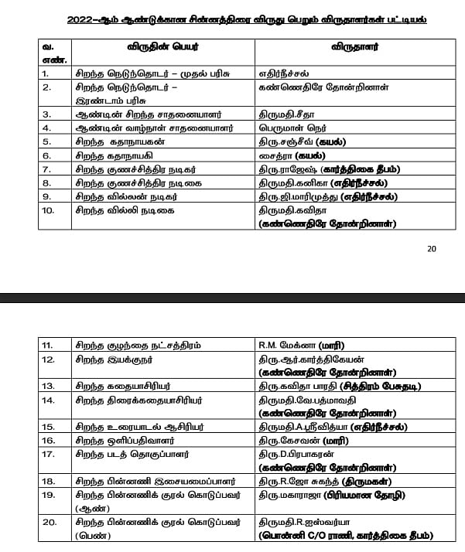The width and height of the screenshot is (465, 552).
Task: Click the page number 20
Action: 432,248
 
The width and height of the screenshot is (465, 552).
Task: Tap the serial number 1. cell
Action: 46,73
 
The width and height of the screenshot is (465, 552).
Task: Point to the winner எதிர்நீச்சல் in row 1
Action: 289,73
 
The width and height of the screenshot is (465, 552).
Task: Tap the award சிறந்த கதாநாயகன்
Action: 123,141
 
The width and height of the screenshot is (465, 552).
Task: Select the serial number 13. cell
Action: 47,385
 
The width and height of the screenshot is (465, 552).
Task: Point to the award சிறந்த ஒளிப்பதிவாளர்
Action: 130,439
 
